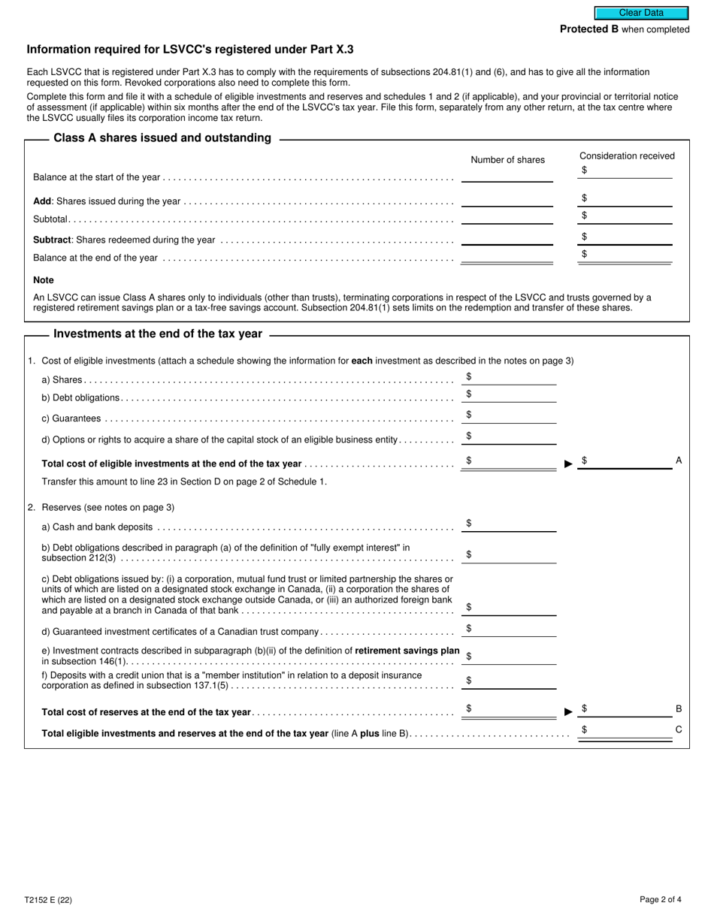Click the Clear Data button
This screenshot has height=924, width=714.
tap(641, 13)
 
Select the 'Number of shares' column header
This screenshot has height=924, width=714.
tap(507, 160)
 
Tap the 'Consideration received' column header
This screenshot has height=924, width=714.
tap(627, 156)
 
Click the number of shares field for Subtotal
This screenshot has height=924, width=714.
tap(507, 218)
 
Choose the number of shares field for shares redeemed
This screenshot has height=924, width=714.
tap(507, 239)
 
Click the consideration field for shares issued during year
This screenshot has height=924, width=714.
tap(628, 199)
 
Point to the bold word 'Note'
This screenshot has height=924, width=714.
tap(44, 280)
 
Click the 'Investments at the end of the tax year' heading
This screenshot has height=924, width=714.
tap(158, 334)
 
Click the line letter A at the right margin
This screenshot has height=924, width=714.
tap(679, 460)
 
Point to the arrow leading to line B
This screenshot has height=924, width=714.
tap(568, 711)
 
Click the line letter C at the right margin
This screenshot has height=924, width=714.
tap(679, 729)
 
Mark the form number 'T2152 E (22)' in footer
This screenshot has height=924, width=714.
tap(49, 899)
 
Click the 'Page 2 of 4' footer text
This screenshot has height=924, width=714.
tap(661, 899)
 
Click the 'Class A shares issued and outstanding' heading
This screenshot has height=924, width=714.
tap(162, 138)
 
